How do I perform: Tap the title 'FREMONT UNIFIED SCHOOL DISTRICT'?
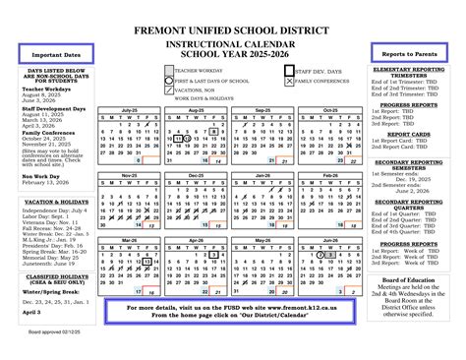[233, 30]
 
